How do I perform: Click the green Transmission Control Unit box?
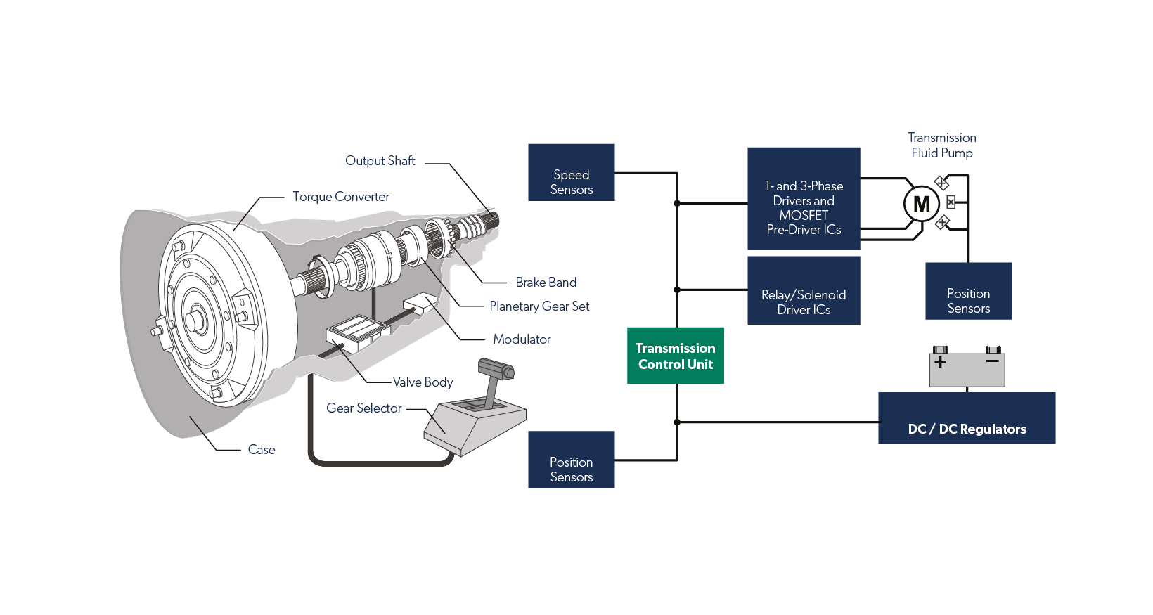(675, 356)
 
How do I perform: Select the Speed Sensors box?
(571, 173)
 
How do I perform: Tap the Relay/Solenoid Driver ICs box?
(803, 290)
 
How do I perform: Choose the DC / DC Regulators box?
(966, 418)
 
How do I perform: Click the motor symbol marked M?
(921, 205)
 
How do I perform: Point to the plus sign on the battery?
(940, 362)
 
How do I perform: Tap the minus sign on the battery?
(992, 361)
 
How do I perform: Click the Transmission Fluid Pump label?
(941, 145)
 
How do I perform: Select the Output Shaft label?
(380, 161)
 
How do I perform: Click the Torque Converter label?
(341, 197)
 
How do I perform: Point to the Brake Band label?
(546, 283)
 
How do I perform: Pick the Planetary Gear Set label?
(539, 306)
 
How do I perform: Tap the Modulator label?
(522, 339)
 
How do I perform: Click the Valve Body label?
(423, 382)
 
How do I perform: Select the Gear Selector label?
(363, 408)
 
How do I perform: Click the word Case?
(261, 450)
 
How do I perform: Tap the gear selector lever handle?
(496, 370)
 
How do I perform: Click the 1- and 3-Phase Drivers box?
(803, 198)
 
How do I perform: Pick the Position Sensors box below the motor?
(968, 291)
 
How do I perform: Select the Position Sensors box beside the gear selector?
(571, 460)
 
